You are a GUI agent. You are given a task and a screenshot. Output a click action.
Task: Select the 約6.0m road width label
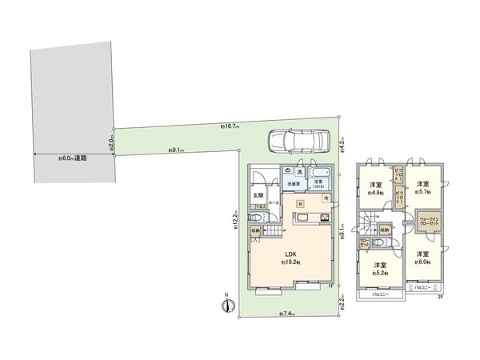point(73,158)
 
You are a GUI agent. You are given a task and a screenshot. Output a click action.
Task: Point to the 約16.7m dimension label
point(231,126)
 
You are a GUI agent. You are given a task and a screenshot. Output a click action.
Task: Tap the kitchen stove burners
point(326,218)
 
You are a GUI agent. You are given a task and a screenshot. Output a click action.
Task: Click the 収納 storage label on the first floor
point(254,232)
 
